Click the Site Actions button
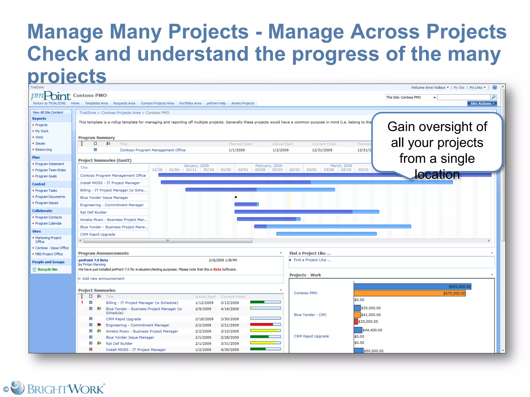(x=482, y=103)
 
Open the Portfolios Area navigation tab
(x=190, y=103)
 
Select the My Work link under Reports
(x=42, y=131)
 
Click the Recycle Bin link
(x=47, y=269)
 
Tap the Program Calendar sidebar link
(x=48, y=223)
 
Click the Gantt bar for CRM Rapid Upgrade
(x=326, y=234)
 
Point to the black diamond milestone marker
(x=236, y=197)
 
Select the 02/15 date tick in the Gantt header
(x=277, y=170)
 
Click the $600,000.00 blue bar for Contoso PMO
(x=412, y=286)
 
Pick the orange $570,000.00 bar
(x=409, y=293)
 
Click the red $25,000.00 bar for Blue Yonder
(x=356, y=322)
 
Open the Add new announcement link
(x=103, y=279)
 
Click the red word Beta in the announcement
(x=217, y=269)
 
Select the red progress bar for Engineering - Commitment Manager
(x=261, y=325)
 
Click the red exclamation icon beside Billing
(x=82, y=302)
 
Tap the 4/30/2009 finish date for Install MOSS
(x=230, y=350)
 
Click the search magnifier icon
(x=494, y=97)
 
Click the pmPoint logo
(x=51, y=96)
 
